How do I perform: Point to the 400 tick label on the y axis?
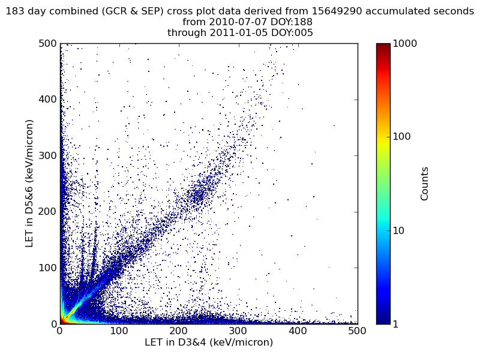tap(48, 100)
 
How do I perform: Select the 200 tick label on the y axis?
tap(48, 212)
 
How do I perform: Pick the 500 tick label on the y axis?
tap(48, 44)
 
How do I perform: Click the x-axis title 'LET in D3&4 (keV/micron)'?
tap(209, 343)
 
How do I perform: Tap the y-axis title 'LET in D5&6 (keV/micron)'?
tap(29, 183)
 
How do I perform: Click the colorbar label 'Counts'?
tap(425, 184)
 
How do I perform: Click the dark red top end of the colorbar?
tap(383, 46)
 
